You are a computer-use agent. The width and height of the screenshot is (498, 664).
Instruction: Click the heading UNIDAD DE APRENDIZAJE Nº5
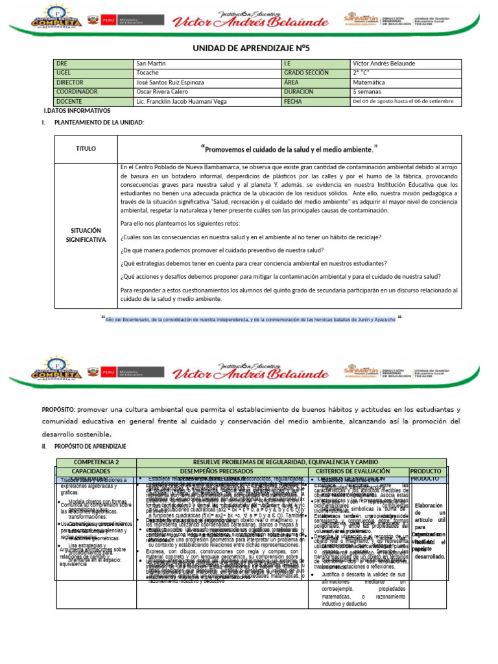point(250,48)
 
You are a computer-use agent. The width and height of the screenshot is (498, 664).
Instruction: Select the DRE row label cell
point(62,64)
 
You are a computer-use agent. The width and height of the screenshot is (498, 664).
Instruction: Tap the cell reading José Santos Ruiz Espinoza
point(170,82)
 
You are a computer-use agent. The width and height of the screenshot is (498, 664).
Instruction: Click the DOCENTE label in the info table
point(70,102)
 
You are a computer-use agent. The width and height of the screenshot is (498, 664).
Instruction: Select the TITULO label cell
point(86,149)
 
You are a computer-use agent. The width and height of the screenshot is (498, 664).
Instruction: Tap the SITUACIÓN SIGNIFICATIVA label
point(86,235)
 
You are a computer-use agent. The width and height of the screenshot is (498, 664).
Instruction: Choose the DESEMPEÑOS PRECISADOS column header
point(224,470)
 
